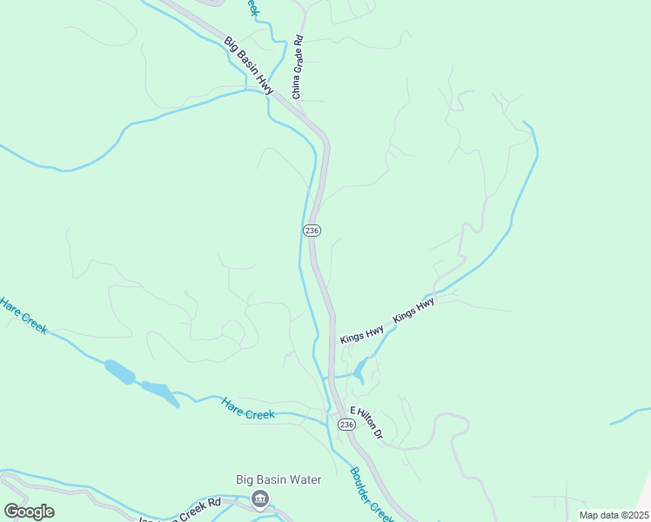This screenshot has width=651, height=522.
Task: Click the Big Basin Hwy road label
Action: [x=249, y=65]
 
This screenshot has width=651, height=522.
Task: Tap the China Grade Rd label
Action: [x=298, y=66]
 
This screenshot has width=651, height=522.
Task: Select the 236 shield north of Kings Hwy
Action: [x=312, y=230]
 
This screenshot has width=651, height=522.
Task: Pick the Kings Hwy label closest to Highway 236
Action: [x=362, y=334]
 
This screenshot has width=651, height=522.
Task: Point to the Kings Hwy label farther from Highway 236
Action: [x=413, y=311]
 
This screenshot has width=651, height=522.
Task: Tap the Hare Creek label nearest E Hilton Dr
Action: [x=248, y=409]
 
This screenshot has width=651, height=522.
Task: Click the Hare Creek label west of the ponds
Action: [x=23, y=317]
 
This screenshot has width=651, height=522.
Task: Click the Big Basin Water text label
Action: [x=279, y=479]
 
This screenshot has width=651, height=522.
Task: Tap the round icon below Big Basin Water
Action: [x=259, y=499]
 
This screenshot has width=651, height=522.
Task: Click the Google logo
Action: [x=29, y=512]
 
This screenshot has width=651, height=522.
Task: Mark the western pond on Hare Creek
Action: [x=120, y=371]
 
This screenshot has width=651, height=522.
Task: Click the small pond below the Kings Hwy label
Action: [x=359, y=371]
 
